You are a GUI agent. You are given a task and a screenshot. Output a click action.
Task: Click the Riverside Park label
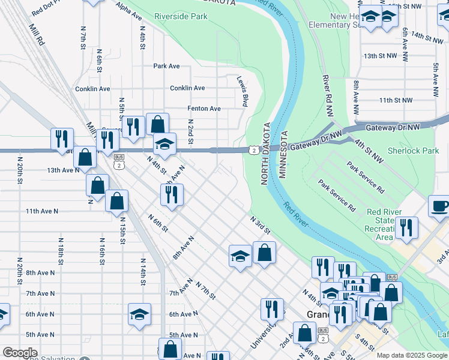coord(181,16)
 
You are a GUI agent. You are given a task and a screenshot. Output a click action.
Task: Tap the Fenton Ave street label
coord(204,109)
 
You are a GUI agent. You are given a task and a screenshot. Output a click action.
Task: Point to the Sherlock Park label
coord(413,151)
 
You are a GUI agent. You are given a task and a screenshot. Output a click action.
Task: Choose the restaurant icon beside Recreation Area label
coord(408,227)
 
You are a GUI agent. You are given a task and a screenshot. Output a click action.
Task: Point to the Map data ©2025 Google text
coord(412,355)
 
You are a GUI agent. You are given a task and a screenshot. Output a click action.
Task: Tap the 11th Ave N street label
coord(42,211)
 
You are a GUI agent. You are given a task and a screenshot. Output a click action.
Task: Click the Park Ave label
coord(166,66)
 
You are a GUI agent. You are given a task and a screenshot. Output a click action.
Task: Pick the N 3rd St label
coord(261,226)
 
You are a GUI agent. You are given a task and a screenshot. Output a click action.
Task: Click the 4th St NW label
coord(368,152)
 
